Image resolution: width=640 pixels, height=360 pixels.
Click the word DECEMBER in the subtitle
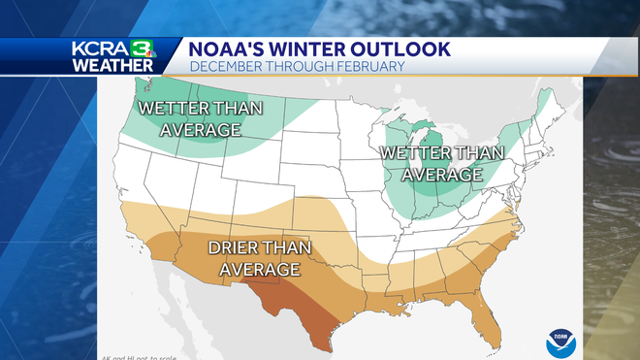click(x=224, y=66)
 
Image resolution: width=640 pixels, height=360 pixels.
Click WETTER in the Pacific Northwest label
click(x=175, y=108)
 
